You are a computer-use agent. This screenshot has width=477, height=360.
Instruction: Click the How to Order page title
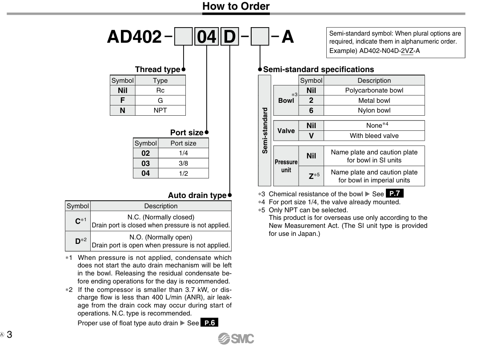tap(236, 6)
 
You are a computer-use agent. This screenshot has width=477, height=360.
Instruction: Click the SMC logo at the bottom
tap(236, 339)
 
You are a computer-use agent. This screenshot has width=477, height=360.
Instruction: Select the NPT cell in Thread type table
tap(160, 110)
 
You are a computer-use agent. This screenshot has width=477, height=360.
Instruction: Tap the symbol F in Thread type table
tap(122, 101)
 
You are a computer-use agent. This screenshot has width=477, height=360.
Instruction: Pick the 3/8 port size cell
tap(183, 163)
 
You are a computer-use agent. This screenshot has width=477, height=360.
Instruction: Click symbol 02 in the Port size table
tap(145, 154)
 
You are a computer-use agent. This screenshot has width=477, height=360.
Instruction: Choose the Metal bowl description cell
tap(374, 101)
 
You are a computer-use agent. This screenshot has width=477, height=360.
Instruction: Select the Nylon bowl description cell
tap(374, 110)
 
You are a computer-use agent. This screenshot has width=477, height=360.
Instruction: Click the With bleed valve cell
tap(374, 136)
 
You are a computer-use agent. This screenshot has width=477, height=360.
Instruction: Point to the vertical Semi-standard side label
tap(265, 130)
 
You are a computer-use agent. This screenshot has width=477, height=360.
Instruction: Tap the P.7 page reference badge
tap(394, 194)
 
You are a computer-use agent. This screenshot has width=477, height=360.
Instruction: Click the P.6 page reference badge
tap(209, 323)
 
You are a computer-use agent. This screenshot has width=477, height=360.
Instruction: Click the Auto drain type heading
tap(197, 195)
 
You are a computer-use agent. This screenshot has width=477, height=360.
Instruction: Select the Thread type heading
tap(157, 69)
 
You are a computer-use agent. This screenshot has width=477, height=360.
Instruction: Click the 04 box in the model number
tap(206, 37)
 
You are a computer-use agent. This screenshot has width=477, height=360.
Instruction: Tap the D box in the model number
tap(229, 37)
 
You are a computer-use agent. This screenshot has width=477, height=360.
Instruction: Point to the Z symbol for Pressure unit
tap(312, 176)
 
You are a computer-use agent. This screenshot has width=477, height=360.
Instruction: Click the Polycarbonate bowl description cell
tap(374, 90)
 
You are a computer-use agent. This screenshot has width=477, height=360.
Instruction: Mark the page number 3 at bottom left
tap(9, 335)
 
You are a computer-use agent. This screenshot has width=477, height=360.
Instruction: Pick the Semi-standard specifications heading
tap(318, 69)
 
